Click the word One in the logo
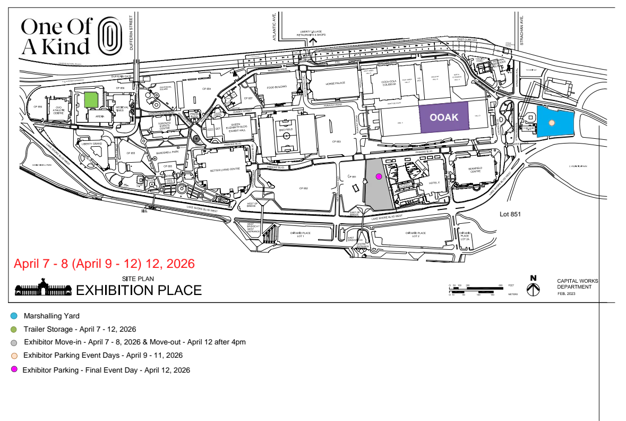[40, 26]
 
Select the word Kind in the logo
[66, 47]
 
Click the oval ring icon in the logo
[110, 36]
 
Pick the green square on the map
[91, 100]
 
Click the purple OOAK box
[444, 117]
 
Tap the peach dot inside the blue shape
[552, 123]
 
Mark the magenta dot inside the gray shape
[379, 176]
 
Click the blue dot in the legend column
[14, 316]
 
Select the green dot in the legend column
[14, 330]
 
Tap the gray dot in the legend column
[14, 343]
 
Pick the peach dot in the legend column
[14, 356]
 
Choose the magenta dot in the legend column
[14, 369]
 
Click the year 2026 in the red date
[181, 264]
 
